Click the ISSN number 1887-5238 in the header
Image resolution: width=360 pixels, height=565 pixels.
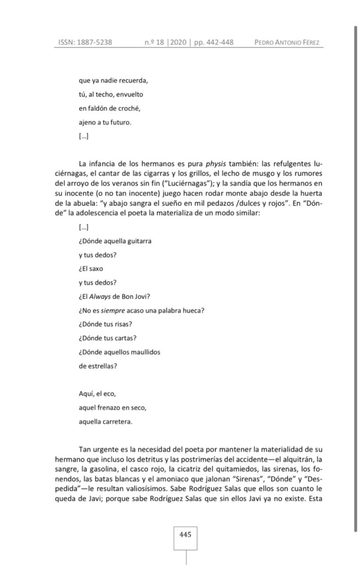[95, 42]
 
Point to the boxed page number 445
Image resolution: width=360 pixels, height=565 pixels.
[185, 534]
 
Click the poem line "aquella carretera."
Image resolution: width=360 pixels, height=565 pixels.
[105, 422]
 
